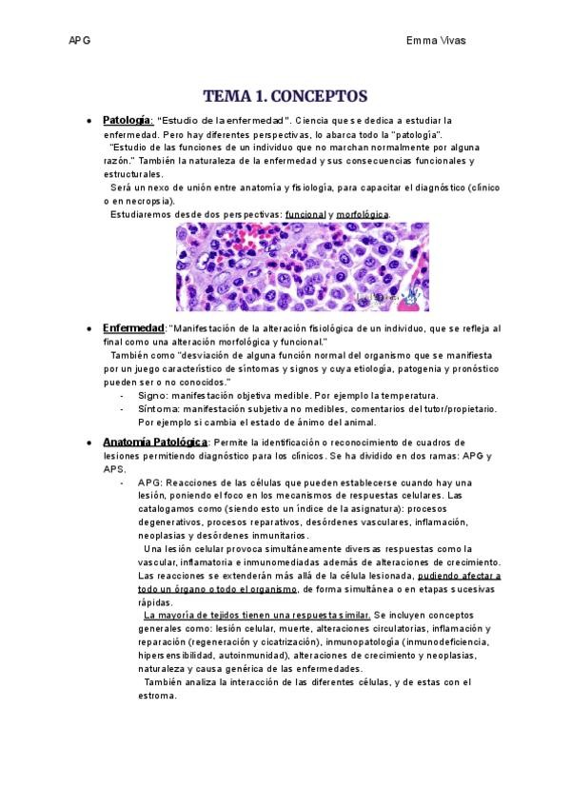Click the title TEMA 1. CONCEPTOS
285,96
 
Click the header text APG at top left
80,40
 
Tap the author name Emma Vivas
436,40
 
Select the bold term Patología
127,121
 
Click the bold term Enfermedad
133,327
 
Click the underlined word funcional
305,214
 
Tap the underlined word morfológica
363,214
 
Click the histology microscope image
302,266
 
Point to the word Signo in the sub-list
153,395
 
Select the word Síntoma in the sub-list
158,408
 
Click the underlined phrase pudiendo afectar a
445,576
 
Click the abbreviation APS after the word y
115,469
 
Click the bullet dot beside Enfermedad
89,328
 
